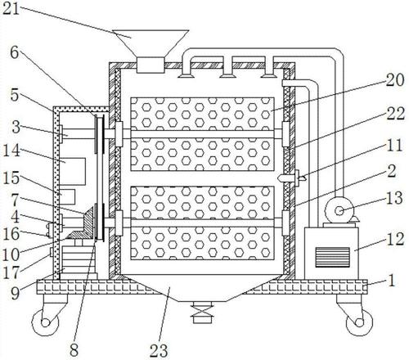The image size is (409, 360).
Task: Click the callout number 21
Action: [x=11, y=8]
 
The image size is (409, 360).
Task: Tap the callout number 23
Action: [x=159, y=350]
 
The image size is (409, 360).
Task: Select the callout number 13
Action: [x=394, y=198]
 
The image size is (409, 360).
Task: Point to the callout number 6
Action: [x=15, y=52]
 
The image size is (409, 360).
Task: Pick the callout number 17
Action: [x=11, y=272]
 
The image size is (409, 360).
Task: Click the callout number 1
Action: [x=392, y=281]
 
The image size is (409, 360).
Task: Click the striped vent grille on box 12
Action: [x=332, y=257]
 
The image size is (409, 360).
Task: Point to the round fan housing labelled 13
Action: [x=339, y=210]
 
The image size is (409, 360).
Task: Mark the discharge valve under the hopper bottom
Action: [x=202, y=313]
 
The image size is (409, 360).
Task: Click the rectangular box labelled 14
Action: [x=74, y=171]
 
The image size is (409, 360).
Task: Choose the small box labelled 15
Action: [x=68, y=196]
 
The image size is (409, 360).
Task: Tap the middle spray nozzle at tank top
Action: [x=227, y=72]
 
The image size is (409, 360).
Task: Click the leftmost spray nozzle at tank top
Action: [x=187, y=72]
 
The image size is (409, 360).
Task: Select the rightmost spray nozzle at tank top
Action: [x=269, y=72]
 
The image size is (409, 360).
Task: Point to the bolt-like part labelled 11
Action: [x=291, y=178]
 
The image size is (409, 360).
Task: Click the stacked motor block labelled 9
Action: [x=79, y=263]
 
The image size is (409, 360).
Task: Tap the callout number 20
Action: [x=394, y=80]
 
